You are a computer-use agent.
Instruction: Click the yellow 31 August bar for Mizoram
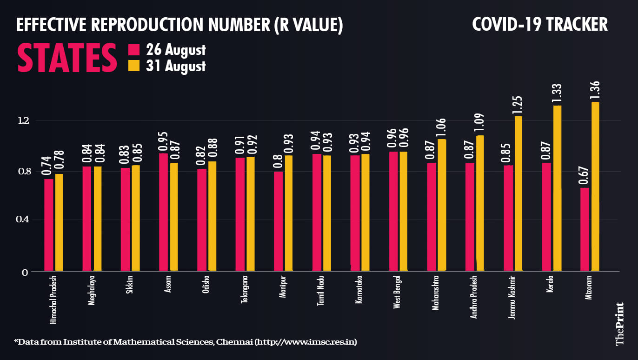595,186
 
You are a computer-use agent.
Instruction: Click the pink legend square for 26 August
134,50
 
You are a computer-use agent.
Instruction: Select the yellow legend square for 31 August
134,66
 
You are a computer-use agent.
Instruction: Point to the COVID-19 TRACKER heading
539,24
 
